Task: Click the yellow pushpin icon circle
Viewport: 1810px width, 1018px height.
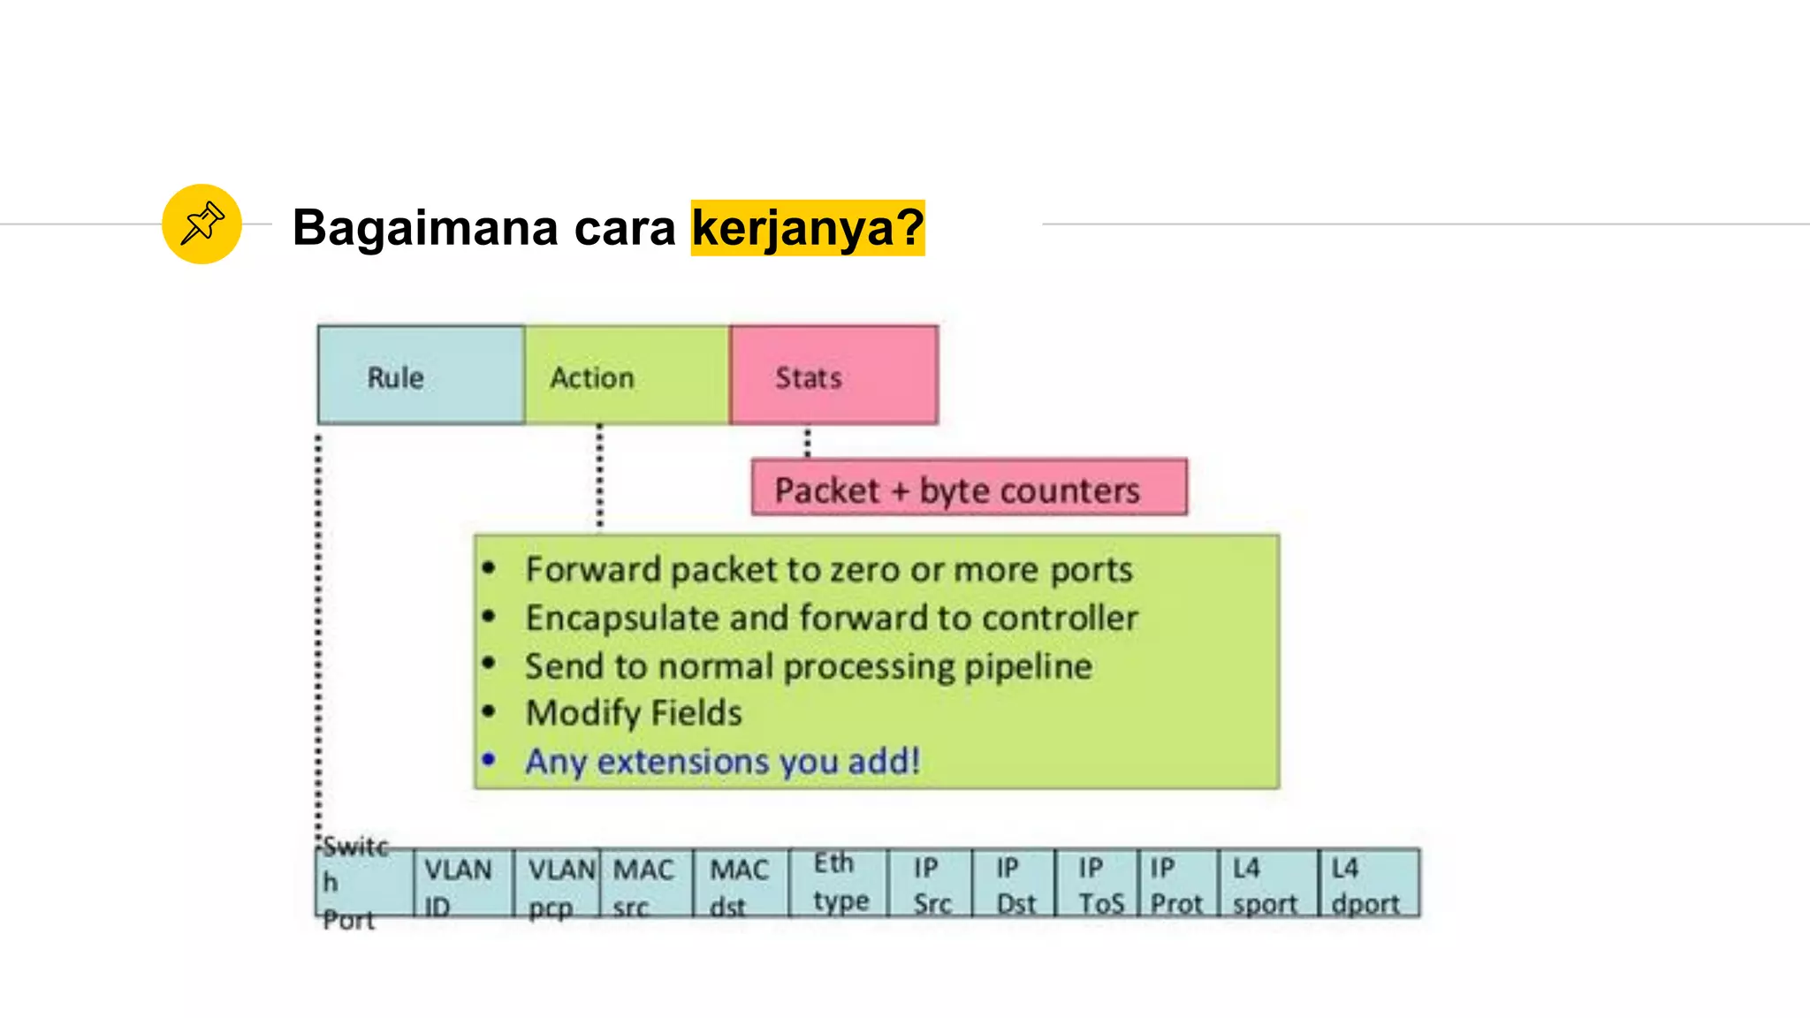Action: click(x=202, y=224)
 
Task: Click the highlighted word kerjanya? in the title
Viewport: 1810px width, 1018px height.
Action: click(x=807, y=228)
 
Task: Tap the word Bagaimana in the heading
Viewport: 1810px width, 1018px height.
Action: click(x=425, y=228)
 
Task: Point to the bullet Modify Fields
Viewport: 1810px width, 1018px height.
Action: click(x=634, y=713)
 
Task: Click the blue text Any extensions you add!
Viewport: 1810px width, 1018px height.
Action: click(x=722, y=761)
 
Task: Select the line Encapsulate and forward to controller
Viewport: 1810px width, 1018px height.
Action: click(x=831, y=618)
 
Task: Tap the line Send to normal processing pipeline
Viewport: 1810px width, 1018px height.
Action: click(x=808, y=666)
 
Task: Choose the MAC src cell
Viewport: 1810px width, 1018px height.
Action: click(x=646, y=885)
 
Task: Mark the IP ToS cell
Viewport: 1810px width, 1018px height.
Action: click(x=1097, y=885)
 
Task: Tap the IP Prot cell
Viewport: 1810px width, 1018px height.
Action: click(x=1177, y=885)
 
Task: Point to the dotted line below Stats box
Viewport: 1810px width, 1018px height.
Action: click(x=807, y=442)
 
